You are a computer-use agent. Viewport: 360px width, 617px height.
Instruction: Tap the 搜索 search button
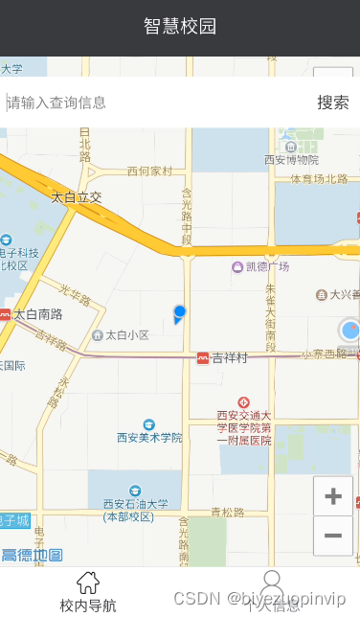point(333,103)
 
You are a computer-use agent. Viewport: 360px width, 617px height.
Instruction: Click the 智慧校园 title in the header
point(180,26)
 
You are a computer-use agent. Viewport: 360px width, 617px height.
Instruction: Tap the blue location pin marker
point(179,312)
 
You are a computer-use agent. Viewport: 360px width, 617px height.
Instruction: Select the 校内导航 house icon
point(88,582)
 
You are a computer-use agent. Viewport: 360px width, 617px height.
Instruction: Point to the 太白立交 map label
point(76,197)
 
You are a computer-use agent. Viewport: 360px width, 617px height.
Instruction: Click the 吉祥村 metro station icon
point(203,358)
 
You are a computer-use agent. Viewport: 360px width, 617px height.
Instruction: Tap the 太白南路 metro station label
point(38,313)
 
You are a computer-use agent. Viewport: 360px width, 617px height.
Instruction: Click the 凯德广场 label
point(267,266)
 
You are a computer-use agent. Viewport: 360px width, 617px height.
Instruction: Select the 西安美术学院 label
point(149,437)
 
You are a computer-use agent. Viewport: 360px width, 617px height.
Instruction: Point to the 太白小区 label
point(127,335)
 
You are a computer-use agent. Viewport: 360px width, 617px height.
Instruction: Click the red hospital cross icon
point(244,403)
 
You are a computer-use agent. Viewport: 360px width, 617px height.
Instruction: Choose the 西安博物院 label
point(291,160)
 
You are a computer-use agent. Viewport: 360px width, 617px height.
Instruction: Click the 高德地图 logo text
point(32,556)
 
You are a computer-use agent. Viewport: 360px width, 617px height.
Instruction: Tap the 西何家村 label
point(149,171)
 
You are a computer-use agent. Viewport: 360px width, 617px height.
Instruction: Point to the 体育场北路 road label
point(319,178)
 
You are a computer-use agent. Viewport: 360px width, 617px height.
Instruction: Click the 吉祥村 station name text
point(230,358)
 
